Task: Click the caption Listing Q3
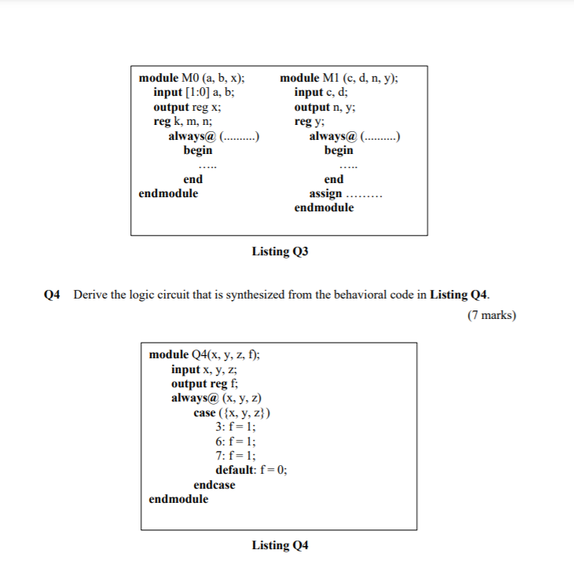pyautogui.click(x=280, y=252)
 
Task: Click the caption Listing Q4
pyautogui.click(x=280, y=545)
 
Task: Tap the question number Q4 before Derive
pyautogui.click(x=53, y=295)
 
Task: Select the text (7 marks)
pyautogui.click(x=489, y=316)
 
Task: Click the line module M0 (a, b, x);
pyautogui.click(x=191, y=79)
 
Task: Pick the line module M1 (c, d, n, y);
pyautogui.click(x=338, y=79)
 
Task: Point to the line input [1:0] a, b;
pyautogui.click(x=193, y=93)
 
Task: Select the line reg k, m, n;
pyautogui.click(x=182, y=121)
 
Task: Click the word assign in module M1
pyautogui.click(x=326, y=193)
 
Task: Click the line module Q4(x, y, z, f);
pyautogui.click(x=205, y=355)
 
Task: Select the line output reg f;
pyautogui.click(x=205, y=383)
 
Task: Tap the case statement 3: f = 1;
pyautogui.click(x=235, y=427)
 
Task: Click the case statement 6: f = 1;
pyautogui.click(x=235, y=442)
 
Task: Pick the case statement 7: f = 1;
pyautogui.click(x=235, y=456)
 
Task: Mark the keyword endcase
pyautogui.click(x=214, y=485)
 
